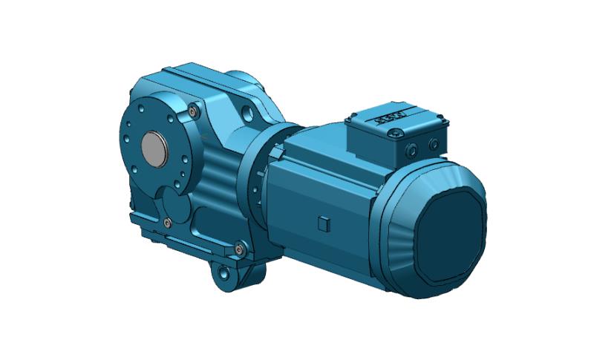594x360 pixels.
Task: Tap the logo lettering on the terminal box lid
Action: click(x=394, y=118)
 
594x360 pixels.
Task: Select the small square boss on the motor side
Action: click(x=322, y=223)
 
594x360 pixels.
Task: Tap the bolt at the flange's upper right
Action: click(x=194, y=111)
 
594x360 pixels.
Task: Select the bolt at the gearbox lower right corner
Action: click(x=239, y=249)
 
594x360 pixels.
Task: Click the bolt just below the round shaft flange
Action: click(x=168, y=222)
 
